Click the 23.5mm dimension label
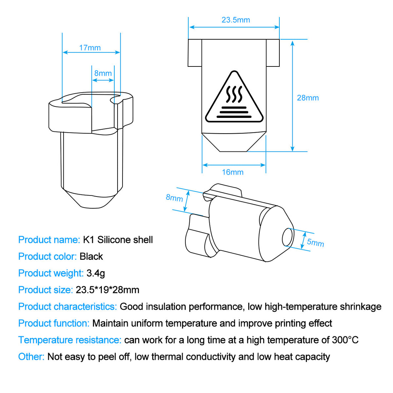coord(235,20)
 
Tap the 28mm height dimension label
coord(308,98)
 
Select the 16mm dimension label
coord(233,172)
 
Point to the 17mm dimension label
coord(90,48)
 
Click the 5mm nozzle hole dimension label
coord(315,243)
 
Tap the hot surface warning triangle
coord(234,98)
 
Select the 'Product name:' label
coord(49,240)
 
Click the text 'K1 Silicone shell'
coord(118,240)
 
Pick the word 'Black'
coord(91,257)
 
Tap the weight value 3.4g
coord(96,273)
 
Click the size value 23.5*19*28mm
coord(108,290)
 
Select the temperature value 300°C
coord(345,340)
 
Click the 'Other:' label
coord(31,357)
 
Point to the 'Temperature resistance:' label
coord(70,340)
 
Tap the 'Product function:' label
coord(54,323)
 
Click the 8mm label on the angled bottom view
coord(174,198)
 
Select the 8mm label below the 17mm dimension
coord(103,74)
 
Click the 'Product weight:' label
coord(51,273)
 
